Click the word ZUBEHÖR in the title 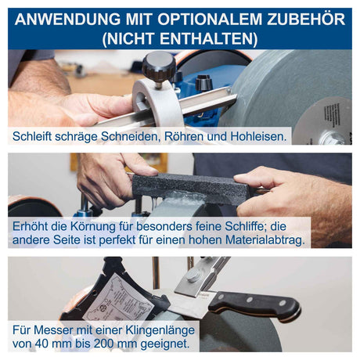click(306, 20)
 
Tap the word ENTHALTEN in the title click(207, 38)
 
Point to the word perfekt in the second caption click(117, 239)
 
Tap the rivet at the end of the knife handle click(283, 303)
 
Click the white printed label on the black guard click(118, 297)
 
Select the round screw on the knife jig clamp click(193, 275)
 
